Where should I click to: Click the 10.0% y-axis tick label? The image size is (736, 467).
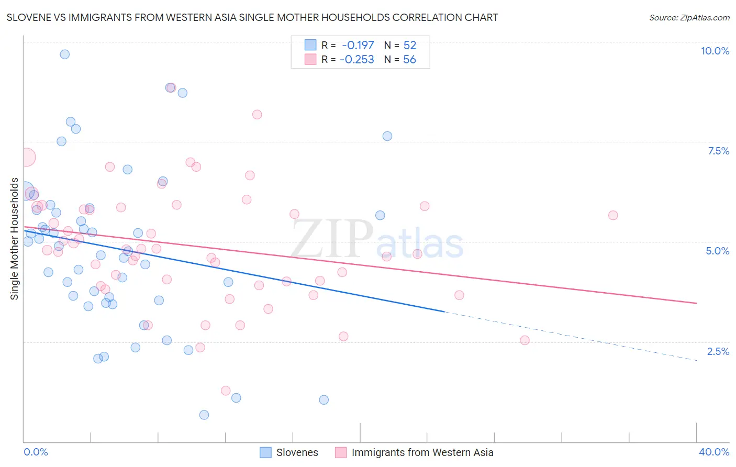[715, 51]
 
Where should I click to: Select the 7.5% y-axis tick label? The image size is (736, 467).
[718, 151]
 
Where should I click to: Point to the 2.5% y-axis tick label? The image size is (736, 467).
[718, 351]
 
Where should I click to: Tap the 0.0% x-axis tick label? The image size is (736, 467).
[36, 452]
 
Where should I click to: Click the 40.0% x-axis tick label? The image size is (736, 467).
[713, 452]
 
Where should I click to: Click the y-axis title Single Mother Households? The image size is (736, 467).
[15, 239]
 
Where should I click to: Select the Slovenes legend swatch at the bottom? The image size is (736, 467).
[266, 452]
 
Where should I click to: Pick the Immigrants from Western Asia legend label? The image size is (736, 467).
[422, 452]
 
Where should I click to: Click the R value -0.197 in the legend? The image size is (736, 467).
[358, 46]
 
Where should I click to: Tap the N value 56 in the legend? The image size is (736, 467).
[409, 60]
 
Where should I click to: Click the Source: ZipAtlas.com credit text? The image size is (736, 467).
[689, 17]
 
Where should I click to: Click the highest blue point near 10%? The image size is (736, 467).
[65, 54]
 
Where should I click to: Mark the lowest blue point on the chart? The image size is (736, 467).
[204, 415]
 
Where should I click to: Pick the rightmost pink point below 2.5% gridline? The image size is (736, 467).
[525, 340]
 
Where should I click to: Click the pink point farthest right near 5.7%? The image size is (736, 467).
[613, 215]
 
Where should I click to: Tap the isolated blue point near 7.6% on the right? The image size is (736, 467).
[387, 136]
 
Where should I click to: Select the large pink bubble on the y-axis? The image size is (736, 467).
[26, 157]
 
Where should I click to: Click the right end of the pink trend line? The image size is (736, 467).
[696, 303]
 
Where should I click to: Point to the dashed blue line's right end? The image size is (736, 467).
[696, 360]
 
